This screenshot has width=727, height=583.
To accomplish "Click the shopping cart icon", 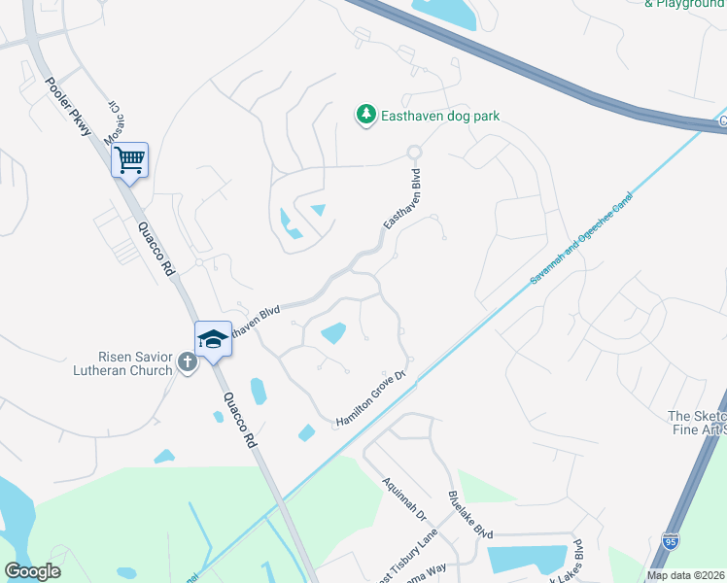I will click(x=129, y=159).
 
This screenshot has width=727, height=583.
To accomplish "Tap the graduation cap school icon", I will click(x=213, y=339).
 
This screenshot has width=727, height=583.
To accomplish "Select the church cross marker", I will click(x=188, y=361).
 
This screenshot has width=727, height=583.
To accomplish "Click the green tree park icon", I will click(x=365, y=116).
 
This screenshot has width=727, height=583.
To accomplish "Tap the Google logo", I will click(x=33, y=571).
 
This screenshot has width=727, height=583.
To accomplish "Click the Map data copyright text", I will click(x=685, y=575).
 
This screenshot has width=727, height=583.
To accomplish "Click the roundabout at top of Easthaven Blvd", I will click(x=415, y=152).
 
